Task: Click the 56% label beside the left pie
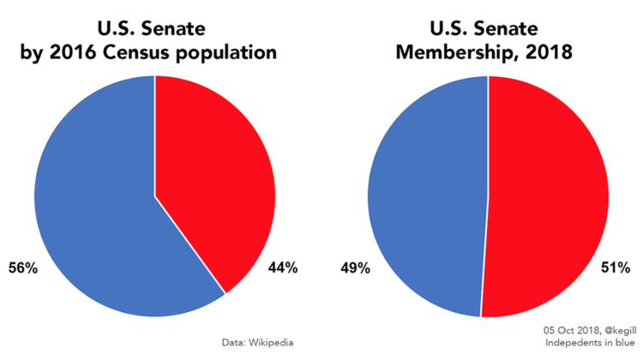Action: click(x=23, y=268)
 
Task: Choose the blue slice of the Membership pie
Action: click(x=420, y=197)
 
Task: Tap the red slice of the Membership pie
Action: click(x=549, y=197)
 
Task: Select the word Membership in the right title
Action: click(x=454, y=52)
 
